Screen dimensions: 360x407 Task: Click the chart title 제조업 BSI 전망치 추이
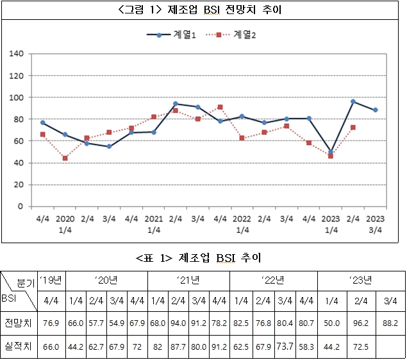[204, 10]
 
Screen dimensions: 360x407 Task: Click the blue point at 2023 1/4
[330, 152]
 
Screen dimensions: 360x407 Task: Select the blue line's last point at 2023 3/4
[375, 110]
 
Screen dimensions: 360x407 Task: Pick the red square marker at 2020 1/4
[65, 158]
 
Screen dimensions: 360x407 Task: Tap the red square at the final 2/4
[353, 127]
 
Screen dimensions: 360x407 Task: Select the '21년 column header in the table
[188, 280]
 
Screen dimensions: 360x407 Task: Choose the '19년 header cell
[52, 280]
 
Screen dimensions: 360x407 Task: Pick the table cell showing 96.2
[359, 323]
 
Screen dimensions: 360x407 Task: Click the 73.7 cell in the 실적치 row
[284, 347]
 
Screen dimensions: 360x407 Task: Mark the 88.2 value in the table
[390, 323]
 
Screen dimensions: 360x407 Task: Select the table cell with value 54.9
[117, 323]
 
